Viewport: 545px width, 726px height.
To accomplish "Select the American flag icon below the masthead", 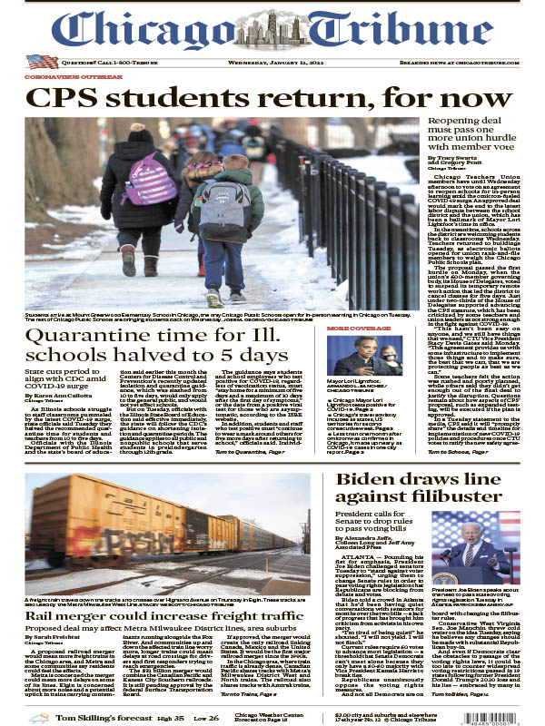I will pyautogui.click(x=42, y=62).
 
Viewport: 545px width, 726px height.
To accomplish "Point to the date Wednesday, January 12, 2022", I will pyautogui.click(x=272, y=62).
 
